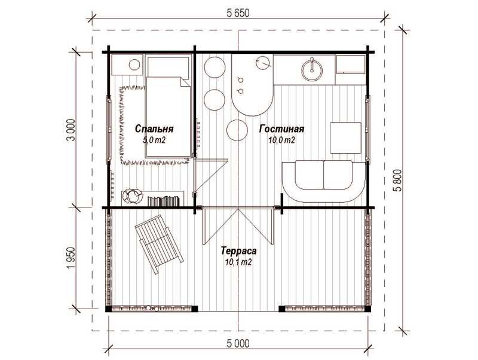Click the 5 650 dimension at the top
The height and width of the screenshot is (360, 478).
click(x=238, y=13)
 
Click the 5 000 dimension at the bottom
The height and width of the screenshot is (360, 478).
click(x=238, y=343)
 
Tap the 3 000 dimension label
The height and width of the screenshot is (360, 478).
click(x=71, y=130)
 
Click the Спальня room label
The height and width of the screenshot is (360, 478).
click(x=154, y=129)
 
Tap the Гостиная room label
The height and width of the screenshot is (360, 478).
click(x=281, y=129)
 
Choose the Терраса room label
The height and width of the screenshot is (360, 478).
click(x=238, y=251)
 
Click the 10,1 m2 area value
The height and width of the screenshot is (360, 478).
click(x=238, y=262)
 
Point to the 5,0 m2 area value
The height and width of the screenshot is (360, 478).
click(x=154, y=140)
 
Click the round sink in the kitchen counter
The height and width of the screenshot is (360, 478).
click(x=311, y=70)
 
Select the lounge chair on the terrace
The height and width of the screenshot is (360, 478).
click(x=158, y=244)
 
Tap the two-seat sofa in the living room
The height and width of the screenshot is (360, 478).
click(x=324, y=182)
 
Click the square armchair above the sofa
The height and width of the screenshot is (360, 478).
click(x=345, y=138)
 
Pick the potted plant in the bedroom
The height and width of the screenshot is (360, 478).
click(x=133, y=196)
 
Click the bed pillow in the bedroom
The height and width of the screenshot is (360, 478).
click(x=168, y=66)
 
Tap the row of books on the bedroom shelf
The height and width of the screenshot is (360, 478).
click(x=163, y=201)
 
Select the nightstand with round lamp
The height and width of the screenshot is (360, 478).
click(x=127, y=65)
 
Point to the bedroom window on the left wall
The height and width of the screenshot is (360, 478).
click(x=109, y=129)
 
